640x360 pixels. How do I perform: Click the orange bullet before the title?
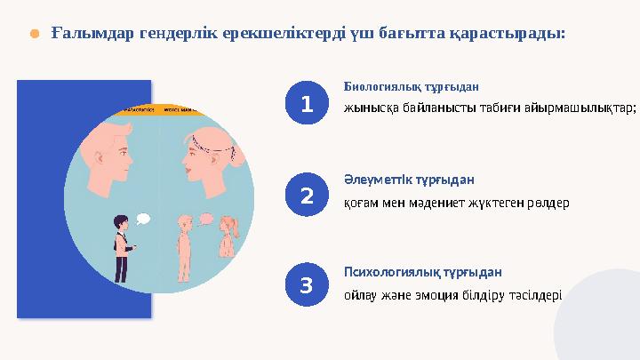coord(34,34)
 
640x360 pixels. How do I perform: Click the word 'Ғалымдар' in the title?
coord(87,33)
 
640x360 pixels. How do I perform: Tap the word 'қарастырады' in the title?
coord(510,33)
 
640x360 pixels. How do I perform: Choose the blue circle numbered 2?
coord(306,195)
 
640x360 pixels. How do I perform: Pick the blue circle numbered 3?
coord(306,285)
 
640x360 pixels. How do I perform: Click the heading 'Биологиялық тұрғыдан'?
coord(411,88)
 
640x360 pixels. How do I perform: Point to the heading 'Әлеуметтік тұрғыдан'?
coord(408,179)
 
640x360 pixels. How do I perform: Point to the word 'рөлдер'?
coord(548,202)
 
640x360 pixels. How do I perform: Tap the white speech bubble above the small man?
coord(142,219)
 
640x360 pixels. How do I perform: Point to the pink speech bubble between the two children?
coord(206,218)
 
